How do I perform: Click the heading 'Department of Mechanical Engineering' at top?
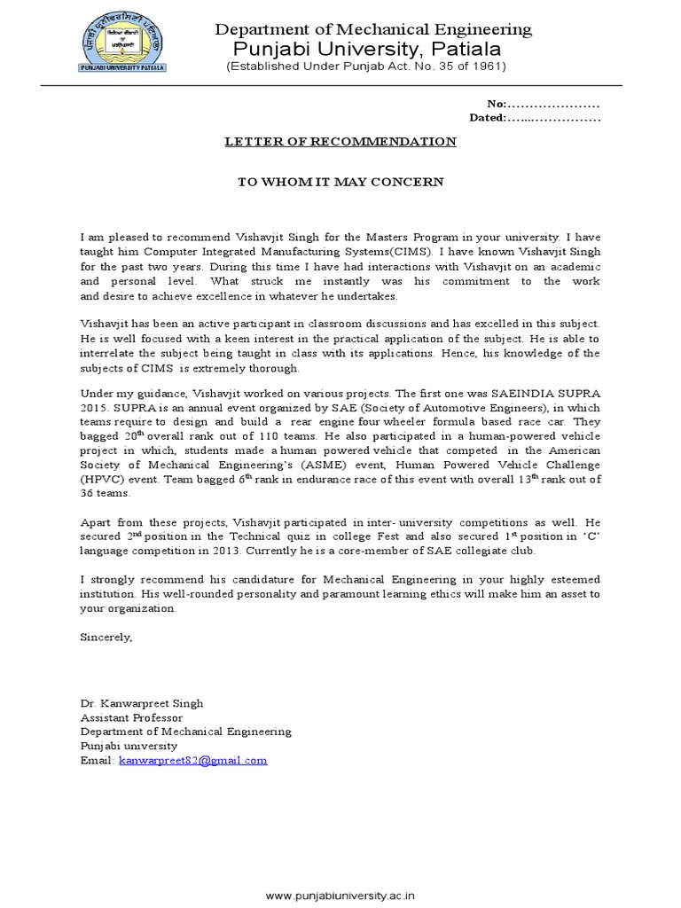(x=374, y=29)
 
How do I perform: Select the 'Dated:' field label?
(x=487, y=118)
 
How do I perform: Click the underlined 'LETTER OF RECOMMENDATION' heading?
(x=340, y=142)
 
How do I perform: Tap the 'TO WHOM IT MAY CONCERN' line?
(x=340, y=182)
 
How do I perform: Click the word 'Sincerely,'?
(x=106, y=637)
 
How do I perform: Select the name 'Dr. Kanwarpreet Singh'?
(x=142, y=703)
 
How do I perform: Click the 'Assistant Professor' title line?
(x=131, y=717)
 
